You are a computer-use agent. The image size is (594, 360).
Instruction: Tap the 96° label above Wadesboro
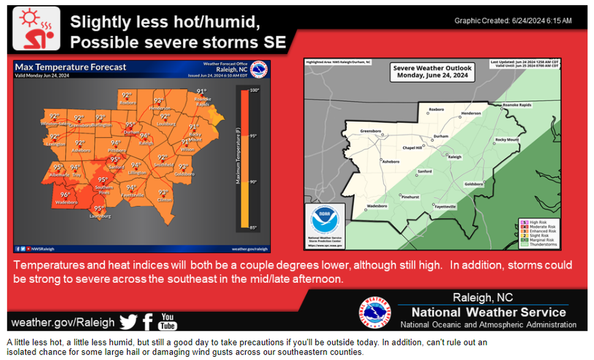click(x=65, y=195)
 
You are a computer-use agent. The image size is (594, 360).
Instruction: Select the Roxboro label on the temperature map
click(x=127, y=103)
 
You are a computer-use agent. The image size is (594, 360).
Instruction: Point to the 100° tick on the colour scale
click(x=255, y=90)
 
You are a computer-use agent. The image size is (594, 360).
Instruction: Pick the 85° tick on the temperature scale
click(x=255, y=227)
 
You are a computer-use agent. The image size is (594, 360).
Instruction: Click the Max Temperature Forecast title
click(x=71, y=67)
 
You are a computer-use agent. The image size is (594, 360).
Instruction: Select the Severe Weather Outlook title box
click(x=432, y=71)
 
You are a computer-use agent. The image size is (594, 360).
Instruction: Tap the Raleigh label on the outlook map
click(x=454, y=157)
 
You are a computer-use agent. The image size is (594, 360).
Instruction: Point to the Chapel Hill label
click(x=412, y=148)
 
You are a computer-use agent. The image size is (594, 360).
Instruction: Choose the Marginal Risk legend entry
click(x=542, y=240)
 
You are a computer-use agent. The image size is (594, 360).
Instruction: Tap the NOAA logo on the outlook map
click(x=324, y=221)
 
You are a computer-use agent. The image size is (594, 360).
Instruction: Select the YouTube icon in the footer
click(x=167, y=321)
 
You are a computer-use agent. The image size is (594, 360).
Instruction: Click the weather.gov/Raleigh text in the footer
click(x=63, y=322)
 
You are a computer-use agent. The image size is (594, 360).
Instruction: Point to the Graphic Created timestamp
click(x=513, y=21)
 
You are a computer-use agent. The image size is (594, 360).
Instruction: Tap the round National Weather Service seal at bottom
click(x=374, y=313)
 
